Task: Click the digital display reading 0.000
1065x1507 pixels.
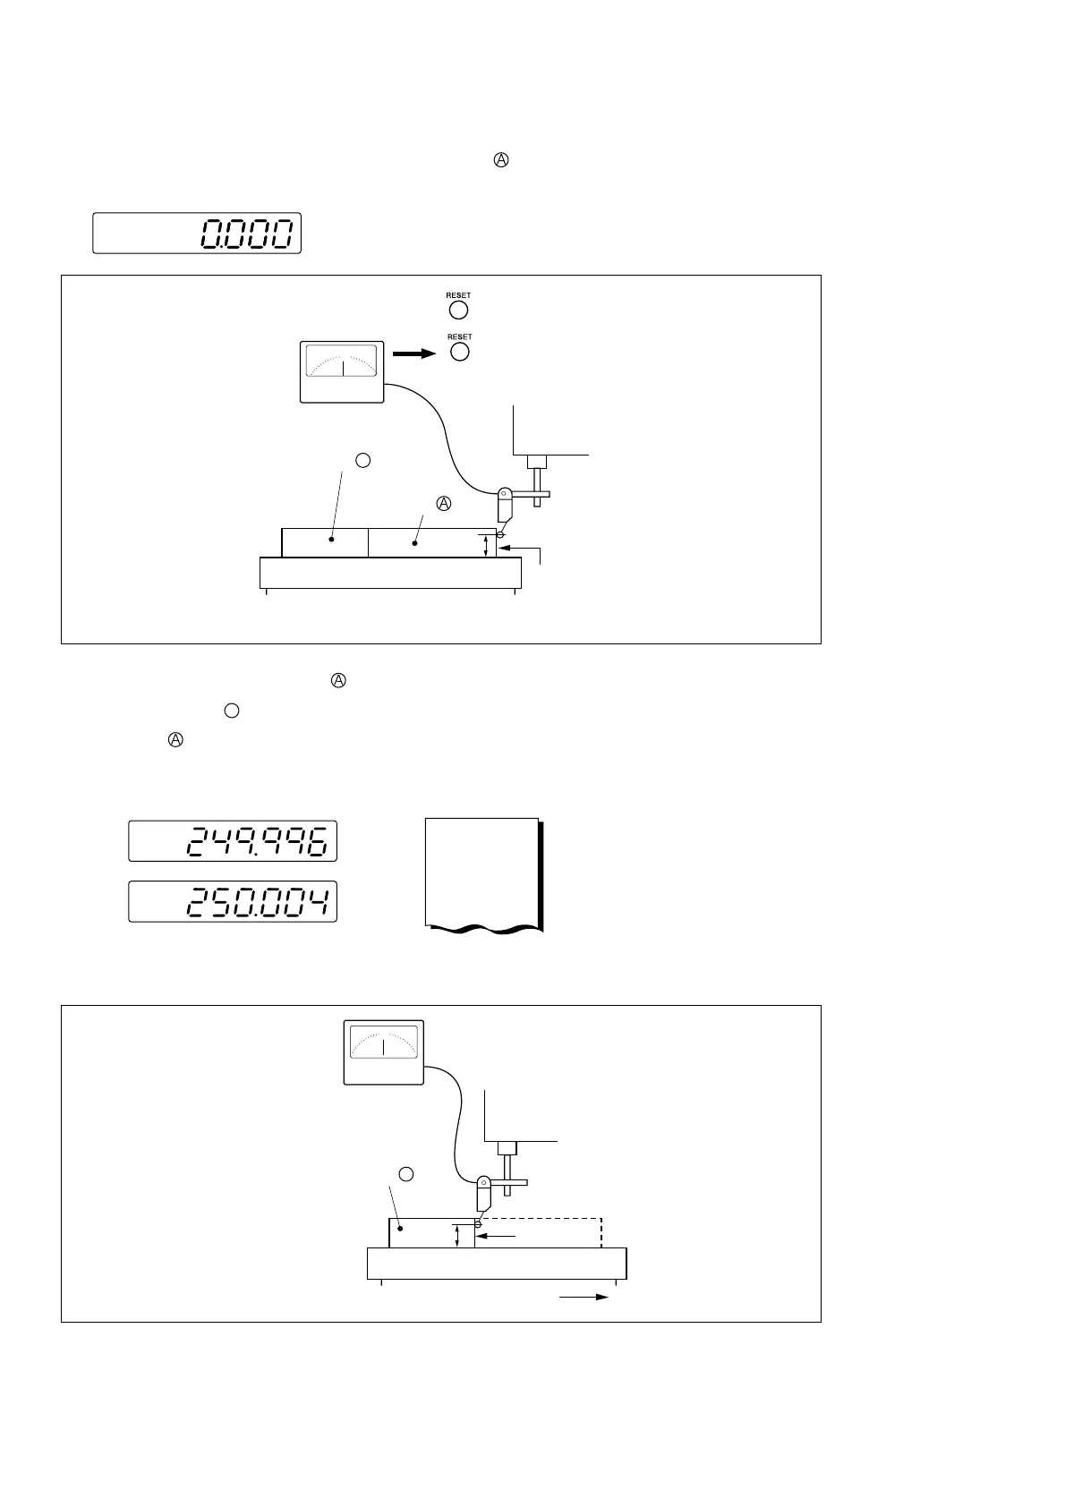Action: click(x=197, y=234)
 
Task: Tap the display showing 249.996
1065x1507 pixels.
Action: click(x=233, y=841)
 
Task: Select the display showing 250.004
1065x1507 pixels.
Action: click(x=233, y=901)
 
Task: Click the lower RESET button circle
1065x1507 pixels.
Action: click(x=459, y=352)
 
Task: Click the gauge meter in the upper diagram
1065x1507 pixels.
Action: click(x=342, y=371)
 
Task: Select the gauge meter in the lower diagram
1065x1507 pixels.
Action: click(x=383, y=1052)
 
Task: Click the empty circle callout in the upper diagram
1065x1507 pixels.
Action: click(x=362, y=460)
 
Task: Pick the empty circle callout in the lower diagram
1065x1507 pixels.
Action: click(x=405, y=1174)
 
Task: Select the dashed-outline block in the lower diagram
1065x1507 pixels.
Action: click(x=539, y=1232)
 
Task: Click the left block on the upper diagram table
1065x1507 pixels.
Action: click(x=325, y=542)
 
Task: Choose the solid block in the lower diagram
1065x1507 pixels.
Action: click(x=431, y=1232)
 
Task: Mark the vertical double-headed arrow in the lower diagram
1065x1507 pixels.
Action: click(x=457, y=1237)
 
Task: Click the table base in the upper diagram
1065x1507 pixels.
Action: click(x=390, y=573)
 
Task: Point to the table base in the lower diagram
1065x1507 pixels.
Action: click(x=497, y=1264)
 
